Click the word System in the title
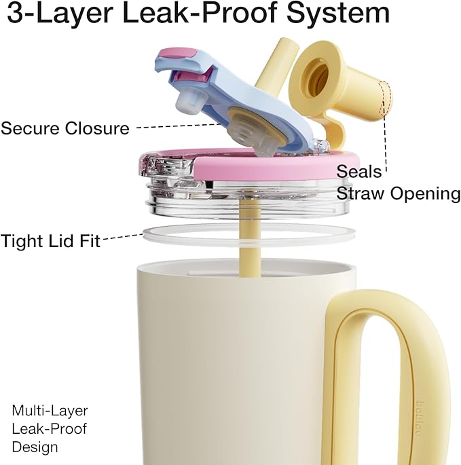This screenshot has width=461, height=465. point(338,14)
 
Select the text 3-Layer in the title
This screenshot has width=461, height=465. point(60,14)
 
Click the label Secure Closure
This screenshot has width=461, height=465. point(65,128)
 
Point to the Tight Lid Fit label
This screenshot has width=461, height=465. point(50,240)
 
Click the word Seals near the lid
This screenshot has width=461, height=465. point(358,172)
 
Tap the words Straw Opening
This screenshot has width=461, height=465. point(399,193)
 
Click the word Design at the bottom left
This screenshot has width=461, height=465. point(35,447)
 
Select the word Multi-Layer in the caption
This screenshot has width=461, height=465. point(50,411)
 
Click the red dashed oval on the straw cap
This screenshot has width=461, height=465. point(385,98)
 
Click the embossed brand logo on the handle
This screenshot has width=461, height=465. point(419,418)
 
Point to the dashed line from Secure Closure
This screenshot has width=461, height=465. point(179,126)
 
